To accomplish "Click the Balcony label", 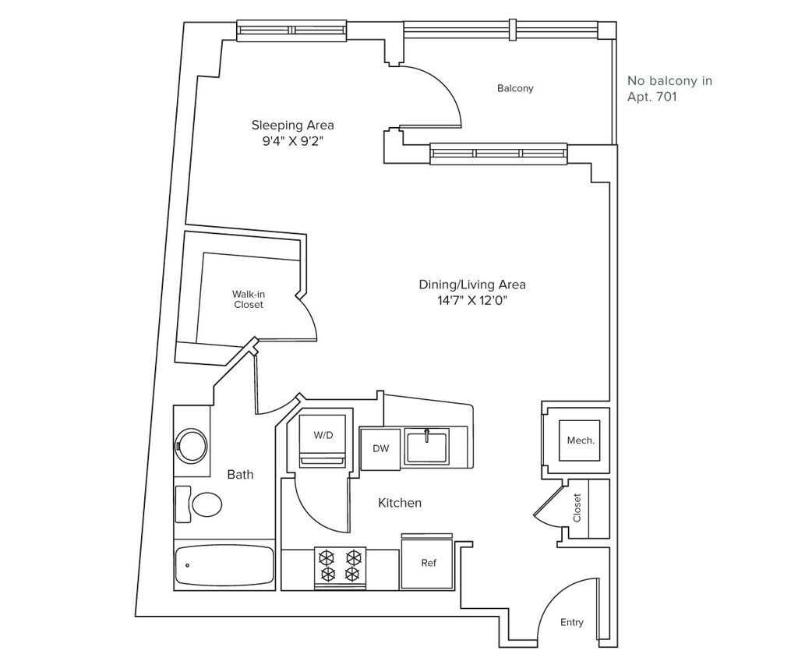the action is [515, 88].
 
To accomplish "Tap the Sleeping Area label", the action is [292, 125].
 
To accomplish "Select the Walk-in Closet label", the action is [249, 299].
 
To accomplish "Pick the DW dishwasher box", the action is [380, 448].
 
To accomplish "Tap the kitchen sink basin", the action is [427, 446].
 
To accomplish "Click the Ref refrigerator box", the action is [428, 562].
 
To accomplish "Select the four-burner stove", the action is [340, 566].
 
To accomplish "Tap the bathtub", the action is [224, 565].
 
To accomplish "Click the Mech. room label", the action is [581, 440].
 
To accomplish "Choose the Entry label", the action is [572, 622].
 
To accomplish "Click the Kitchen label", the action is [400, 503].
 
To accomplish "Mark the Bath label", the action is [240, 474].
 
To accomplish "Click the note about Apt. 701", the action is [669, 89].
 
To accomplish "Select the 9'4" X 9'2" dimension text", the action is [292, 141].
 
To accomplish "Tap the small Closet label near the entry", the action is [577, 508].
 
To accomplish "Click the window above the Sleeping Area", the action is [291, 31].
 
